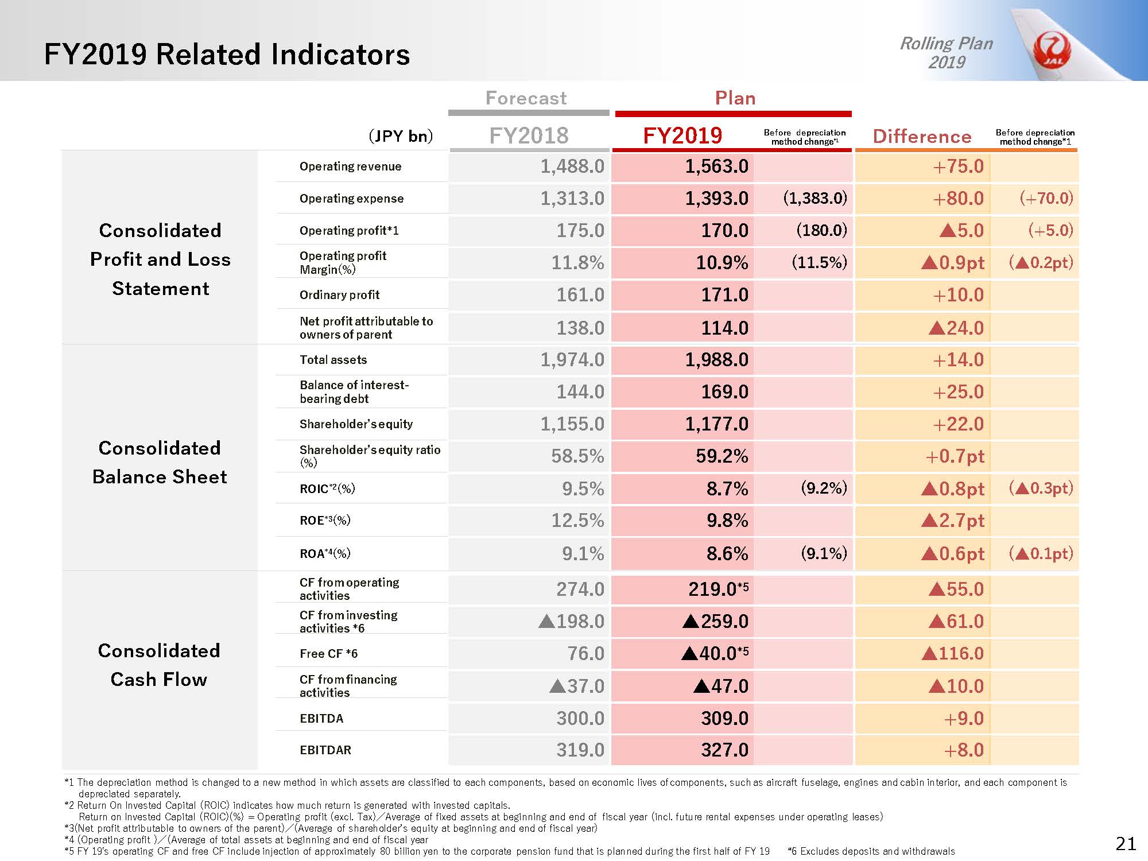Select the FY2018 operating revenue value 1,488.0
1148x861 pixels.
click(x=572, y=166)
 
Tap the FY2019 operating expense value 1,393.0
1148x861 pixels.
click(x=717, y=199)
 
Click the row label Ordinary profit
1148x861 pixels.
click(x=339, y=295)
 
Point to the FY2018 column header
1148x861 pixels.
click(x=529, y=136)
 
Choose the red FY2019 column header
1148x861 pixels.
click(x=682, y=136)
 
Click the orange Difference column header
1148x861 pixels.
click(x=922, y=137)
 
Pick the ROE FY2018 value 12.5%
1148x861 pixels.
click(x=577, y=521)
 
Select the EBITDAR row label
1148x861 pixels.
click(x=325, y=750)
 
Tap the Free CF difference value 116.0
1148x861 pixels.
click(x=953, y=653)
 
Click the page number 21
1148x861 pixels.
click(x=1126, y=843)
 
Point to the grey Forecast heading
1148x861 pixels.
click(x=526, y=98)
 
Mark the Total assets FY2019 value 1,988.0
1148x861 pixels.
click(x=717, y=360)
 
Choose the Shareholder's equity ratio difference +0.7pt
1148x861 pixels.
click(x=955, y=456)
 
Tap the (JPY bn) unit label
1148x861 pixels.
click(x=401, y=136)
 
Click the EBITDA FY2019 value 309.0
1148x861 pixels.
click(x=724, y=718)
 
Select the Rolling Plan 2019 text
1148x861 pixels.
click(x=947, y=52)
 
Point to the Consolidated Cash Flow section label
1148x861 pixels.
click(x=159, y=665)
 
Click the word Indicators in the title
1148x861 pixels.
click(x=340, y=55)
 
